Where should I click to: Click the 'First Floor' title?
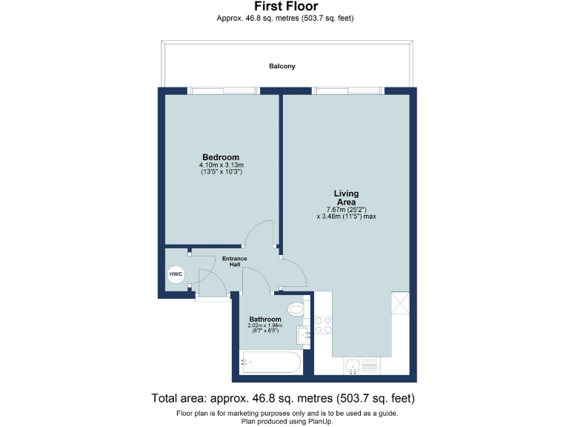click(285, 7)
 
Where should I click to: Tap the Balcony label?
click(282, 66)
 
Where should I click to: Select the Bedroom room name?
click(221, 157)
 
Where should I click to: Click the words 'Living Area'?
click(345, 197)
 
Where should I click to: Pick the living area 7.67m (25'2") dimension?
click(345, 210)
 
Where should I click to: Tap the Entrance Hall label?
click(235, 261)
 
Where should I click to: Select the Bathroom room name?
click(264, 319)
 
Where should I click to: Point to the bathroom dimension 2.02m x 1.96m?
click(264, 326)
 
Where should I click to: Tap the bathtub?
click(270, 364)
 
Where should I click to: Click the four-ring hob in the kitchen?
click(324, 325)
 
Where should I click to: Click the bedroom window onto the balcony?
click(222, 91)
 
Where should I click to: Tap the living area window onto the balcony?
click(345, 91)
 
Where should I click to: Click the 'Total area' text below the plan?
click(284, 397)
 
